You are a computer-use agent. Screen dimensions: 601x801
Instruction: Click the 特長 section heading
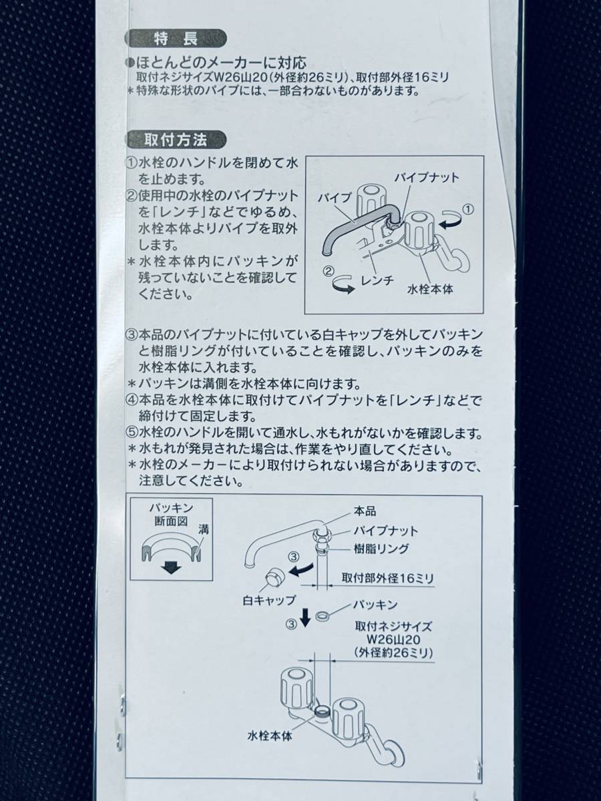176,39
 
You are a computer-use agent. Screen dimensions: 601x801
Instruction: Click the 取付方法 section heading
176,140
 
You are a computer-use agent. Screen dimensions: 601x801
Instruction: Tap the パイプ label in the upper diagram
335,198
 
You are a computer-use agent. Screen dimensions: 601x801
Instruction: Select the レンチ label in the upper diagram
377,280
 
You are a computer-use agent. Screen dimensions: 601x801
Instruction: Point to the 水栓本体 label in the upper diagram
430,290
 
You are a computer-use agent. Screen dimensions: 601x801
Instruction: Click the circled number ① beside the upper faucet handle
468,209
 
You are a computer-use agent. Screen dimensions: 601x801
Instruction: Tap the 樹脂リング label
381,549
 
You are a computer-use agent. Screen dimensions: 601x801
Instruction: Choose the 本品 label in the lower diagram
365,511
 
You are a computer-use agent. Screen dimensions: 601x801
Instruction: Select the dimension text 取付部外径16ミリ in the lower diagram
388,578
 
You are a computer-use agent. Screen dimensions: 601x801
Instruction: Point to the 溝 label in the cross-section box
204,529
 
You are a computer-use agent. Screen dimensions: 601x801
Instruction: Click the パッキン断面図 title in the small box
171,514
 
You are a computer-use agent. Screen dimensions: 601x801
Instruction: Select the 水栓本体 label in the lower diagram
270,726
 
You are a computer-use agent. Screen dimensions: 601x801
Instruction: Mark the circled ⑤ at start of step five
131,433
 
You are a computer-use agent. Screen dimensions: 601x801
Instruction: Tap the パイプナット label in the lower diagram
385,530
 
